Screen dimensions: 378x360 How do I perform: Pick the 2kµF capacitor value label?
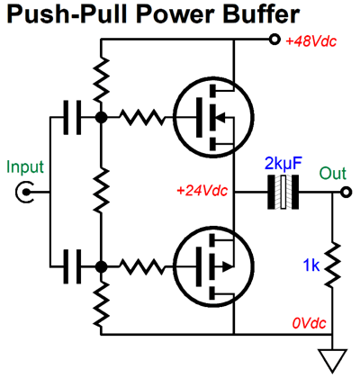[285, 166]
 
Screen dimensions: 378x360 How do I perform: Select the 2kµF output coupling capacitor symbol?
[283, 193]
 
